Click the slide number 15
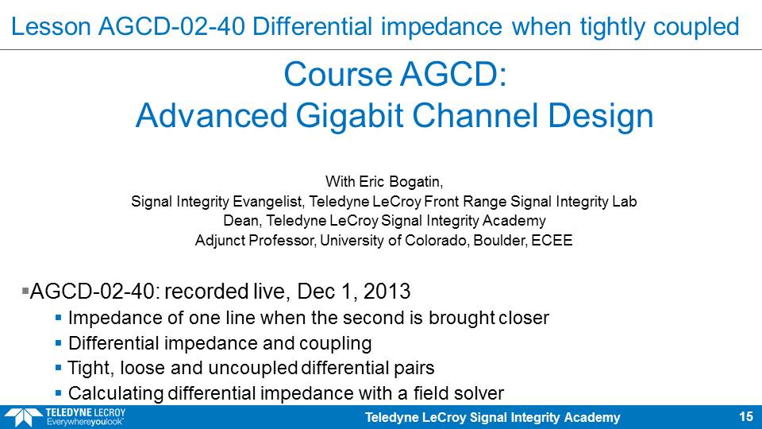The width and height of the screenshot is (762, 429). pos(746,417)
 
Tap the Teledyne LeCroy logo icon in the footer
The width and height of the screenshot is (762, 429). pos(23,418)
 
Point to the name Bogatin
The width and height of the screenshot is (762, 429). pos(415,182)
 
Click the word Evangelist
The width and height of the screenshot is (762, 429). pos(269,201)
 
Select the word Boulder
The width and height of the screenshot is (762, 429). pos(500,240)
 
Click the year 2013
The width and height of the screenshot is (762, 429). pos(387,292)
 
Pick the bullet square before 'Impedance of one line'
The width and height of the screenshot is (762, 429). pos(58,318)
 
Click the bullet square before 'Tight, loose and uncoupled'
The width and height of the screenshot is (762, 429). pos(58,368)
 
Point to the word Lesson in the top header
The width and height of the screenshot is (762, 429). pos(51,26)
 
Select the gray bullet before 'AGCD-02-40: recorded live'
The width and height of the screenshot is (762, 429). pos(25,291)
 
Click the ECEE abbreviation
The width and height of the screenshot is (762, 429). pos(552,240)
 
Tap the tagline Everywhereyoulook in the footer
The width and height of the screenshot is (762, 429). pos(85,422)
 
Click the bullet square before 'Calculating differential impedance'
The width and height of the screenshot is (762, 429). pos(58,393)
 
